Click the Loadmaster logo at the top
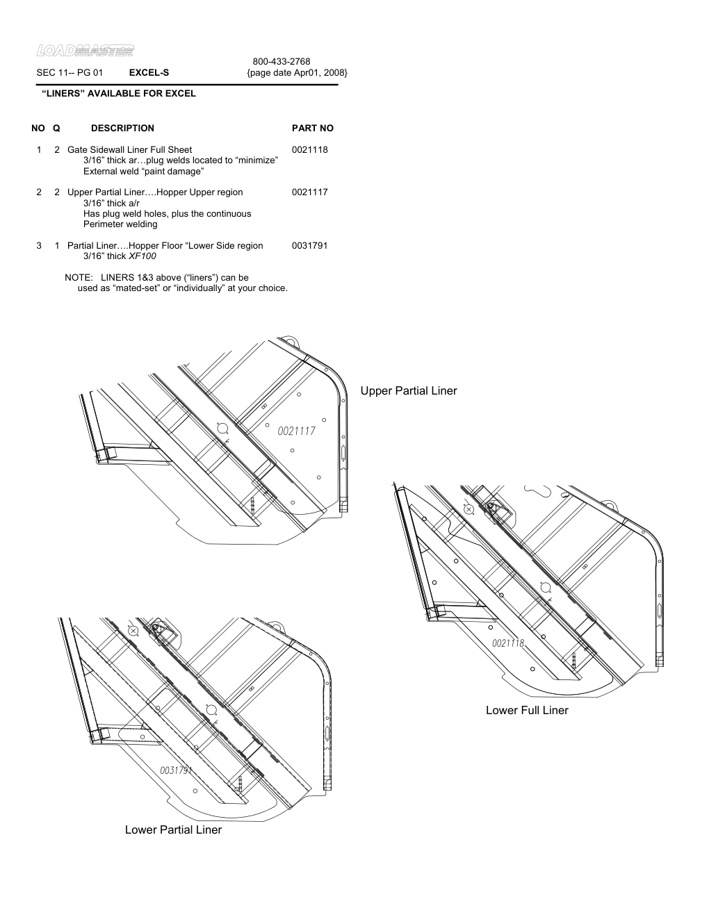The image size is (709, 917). click(x=85, y=50)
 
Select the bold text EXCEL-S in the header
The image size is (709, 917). click(x=149, y=72)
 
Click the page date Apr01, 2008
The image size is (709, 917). click(x=298, y=72)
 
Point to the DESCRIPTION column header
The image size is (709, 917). click(x=122, y=128)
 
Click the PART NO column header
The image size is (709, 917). click(x=313, y=128)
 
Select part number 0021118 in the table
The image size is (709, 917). click(x=310, y=149)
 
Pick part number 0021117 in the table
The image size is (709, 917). click(x=310, y=192)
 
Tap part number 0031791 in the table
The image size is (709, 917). click(x=310, y=245)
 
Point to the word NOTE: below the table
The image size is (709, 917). click(x=79, y=277)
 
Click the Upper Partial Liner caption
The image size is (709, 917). click(x=409, y=391)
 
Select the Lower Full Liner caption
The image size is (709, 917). click(x=527, y=710)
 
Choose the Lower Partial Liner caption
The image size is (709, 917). click(x=173, y=829)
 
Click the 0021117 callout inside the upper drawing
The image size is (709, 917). click(x=297, y=431)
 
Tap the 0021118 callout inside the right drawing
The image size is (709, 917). click(x=508, y=643)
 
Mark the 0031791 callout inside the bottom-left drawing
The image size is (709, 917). click(x=175, y=770)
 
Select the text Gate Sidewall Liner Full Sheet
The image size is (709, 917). click(x=129, y=149)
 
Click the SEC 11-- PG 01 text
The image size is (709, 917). click(x=70, y=72)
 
